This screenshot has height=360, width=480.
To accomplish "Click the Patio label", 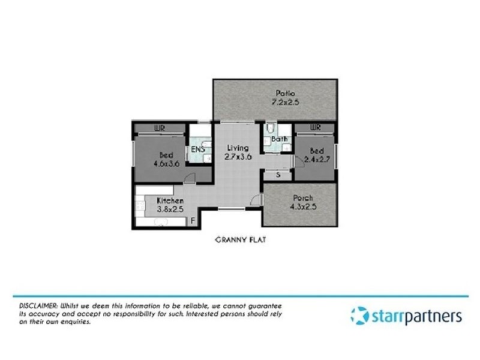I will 284,93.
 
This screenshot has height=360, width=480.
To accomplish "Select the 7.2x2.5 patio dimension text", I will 284,103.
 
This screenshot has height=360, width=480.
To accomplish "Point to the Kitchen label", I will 170,200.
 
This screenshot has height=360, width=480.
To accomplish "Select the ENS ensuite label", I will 197,150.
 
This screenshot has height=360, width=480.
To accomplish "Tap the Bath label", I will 279,139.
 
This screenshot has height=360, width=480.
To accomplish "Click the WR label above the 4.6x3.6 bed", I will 160,128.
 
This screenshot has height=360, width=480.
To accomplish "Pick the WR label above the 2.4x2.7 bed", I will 314,128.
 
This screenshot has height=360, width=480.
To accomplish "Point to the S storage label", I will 278,175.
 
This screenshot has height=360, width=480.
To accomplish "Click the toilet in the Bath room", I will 271,128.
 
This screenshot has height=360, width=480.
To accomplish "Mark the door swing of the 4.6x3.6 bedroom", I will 190,176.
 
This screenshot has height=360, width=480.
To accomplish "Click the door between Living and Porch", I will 257,201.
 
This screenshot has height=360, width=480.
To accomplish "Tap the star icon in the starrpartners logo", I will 359,316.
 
